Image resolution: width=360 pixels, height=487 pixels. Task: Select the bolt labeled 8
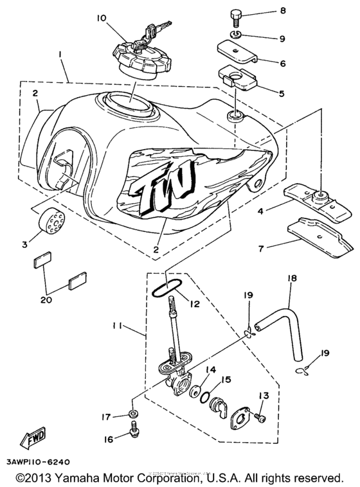tap(235, 13)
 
